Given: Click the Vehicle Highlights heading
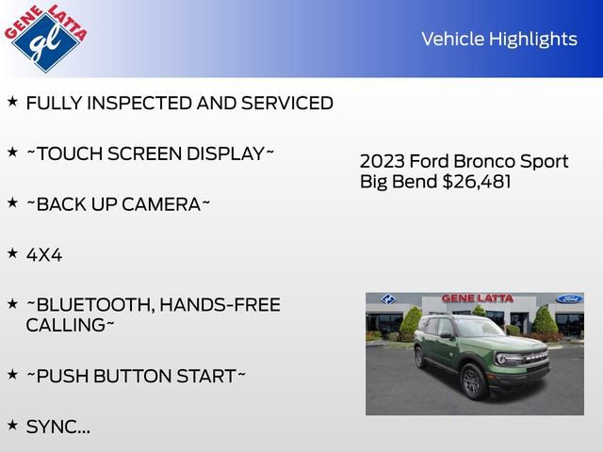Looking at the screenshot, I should pos(498,39).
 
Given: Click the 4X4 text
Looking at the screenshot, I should pos(44,254).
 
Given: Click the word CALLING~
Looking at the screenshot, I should pos(70,325).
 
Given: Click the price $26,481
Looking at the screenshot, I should pos(477,182).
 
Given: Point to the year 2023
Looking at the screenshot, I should pos(380,161).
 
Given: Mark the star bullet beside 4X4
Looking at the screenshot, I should pos(12,252).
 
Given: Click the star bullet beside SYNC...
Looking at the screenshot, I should pos(12,425).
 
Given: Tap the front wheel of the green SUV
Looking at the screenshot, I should pos(473,380).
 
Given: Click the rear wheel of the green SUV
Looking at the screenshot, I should pos(419,359).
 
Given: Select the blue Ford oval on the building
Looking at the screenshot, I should pos(569,299).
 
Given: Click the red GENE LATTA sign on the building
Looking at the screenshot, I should pos(478,299).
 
